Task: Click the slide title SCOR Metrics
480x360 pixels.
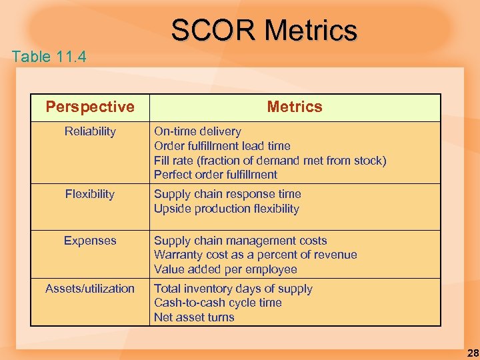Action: pos(264,30)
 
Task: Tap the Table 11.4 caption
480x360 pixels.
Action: pos(49,57)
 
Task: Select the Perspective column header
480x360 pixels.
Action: pos(90,107)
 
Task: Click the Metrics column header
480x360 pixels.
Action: pos(294,107)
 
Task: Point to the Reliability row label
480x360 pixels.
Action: pos(90,131)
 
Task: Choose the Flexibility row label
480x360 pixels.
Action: pos(90,194)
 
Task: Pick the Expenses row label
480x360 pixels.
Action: pos(90,241)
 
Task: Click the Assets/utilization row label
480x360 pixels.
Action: pos(90,289)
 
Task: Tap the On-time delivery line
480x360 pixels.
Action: pos(197,131)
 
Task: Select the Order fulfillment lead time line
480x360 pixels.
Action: pos(222,146)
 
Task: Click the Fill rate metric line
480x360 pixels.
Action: pos(270,161)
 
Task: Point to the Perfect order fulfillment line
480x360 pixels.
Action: pos(215,175)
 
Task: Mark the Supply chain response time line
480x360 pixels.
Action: pos(227,194)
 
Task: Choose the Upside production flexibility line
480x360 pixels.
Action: pos(227,209)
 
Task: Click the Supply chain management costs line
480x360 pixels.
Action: pos(241,241)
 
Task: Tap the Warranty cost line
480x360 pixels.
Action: pos(255,255)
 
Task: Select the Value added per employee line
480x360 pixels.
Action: pos(225,269)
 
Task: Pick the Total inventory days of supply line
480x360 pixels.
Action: pos(233,289)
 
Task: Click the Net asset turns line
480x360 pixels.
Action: pos(194,317)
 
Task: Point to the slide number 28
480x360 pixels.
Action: pos(472,353)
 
